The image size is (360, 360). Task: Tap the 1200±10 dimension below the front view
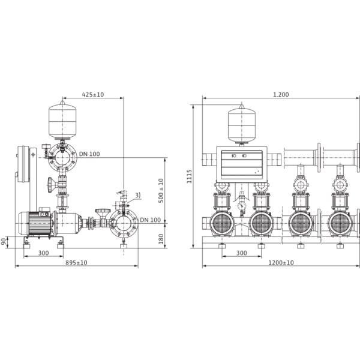[281, 262]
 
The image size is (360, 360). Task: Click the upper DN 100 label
[90, 155]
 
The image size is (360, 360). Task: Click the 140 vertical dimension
[161, 238]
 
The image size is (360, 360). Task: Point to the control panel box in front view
[241, 162]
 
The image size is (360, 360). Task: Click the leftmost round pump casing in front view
[222, 226]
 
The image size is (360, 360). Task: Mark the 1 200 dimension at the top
[280, 94]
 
